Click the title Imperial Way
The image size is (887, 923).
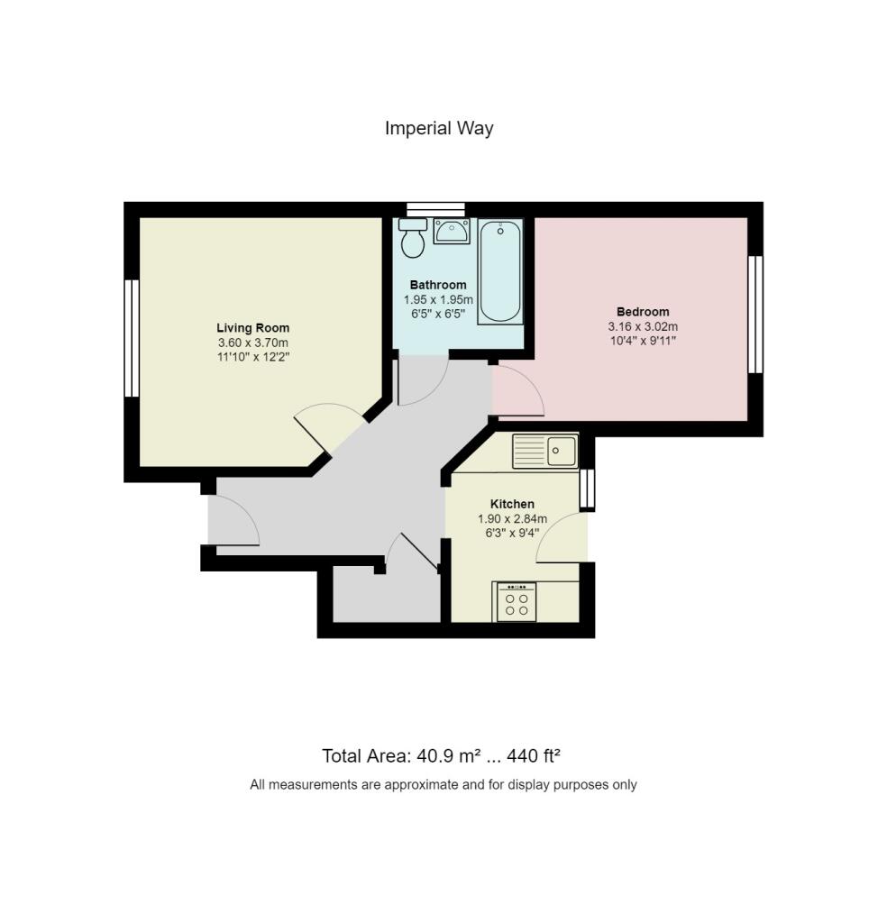pos(439,128)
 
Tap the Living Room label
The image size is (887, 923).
pos(253,328)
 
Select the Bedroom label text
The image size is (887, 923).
pos(643,312)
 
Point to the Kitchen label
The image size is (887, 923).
pos(512,504)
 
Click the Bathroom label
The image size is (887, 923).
pos(438,285)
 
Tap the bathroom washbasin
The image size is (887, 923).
pos(452,232)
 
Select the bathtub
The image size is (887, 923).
pos(500,271)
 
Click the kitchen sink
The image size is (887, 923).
pos(545,451)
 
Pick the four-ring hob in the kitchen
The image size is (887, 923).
pos(517,602)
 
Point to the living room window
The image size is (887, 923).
pos(132,338)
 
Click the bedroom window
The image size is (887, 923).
pos(755,315)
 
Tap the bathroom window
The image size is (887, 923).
pos(436,209)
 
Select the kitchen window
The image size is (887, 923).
pos(587,489)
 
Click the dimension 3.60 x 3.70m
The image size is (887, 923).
pos(253,343)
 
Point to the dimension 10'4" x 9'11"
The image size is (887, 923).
pos(643,340)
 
